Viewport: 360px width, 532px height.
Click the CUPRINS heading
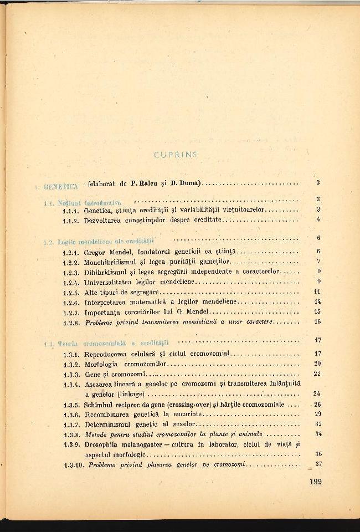[175, 155]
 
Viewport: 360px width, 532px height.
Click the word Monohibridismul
[107, 261]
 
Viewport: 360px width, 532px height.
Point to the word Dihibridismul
[104, 272]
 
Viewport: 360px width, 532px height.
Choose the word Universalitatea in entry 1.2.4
[107, 282]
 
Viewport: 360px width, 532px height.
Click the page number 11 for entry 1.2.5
[317, 291]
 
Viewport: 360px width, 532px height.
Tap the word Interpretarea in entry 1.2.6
[105, 301]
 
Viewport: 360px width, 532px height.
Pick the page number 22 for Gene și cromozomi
[317, 374]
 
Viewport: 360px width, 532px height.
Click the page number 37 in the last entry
[318, 464]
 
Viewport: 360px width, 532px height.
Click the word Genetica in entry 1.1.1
[98, 210]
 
